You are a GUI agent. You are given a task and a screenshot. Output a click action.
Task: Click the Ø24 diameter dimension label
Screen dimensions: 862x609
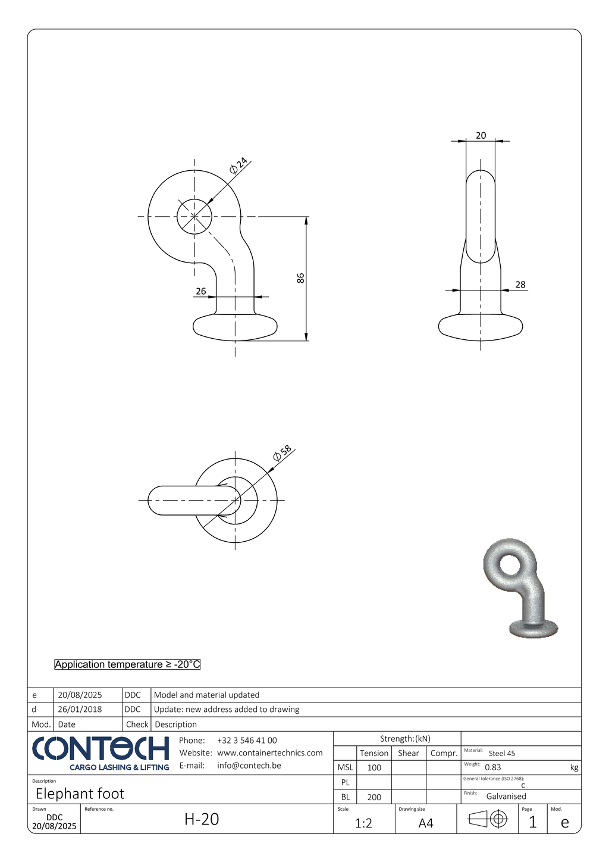238,165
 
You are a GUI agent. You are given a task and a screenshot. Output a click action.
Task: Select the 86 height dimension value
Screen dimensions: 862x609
301,278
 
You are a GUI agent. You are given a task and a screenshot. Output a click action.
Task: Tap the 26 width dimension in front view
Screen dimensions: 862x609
201,291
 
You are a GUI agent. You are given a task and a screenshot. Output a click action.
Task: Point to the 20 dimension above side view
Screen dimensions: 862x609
481,135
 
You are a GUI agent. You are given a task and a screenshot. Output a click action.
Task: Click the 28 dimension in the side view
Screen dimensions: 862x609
520,285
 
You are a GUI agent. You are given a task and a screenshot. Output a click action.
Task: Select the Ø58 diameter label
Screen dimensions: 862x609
282,453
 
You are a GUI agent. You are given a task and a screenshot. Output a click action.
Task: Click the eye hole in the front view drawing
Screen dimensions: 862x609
194,216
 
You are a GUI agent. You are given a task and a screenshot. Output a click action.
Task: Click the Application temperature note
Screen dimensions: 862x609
127,664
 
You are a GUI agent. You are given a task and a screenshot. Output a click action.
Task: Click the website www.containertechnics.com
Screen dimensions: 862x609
269,753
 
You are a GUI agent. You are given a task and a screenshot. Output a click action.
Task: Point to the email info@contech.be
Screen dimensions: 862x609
249,766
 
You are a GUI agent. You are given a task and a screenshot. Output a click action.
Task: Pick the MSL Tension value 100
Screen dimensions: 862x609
374,767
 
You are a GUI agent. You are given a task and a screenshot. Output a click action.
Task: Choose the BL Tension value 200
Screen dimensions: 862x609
374,797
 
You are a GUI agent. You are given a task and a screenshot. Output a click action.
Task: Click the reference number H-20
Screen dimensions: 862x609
202,819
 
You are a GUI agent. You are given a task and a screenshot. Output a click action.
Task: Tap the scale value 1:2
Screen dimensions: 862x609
363,823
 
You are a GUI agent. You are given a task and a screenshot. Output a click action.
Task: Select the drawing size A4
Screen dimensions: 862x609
426,823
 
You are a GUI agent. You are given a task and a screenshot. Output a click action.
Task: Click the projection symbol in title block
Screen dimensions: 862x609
488,820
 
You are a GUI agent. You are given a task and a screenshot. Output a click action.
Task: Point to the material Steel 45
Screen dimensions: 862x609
502,753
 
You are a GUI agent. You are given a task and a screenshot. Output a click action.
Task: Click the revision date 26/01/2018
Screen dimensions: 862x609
80,710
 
